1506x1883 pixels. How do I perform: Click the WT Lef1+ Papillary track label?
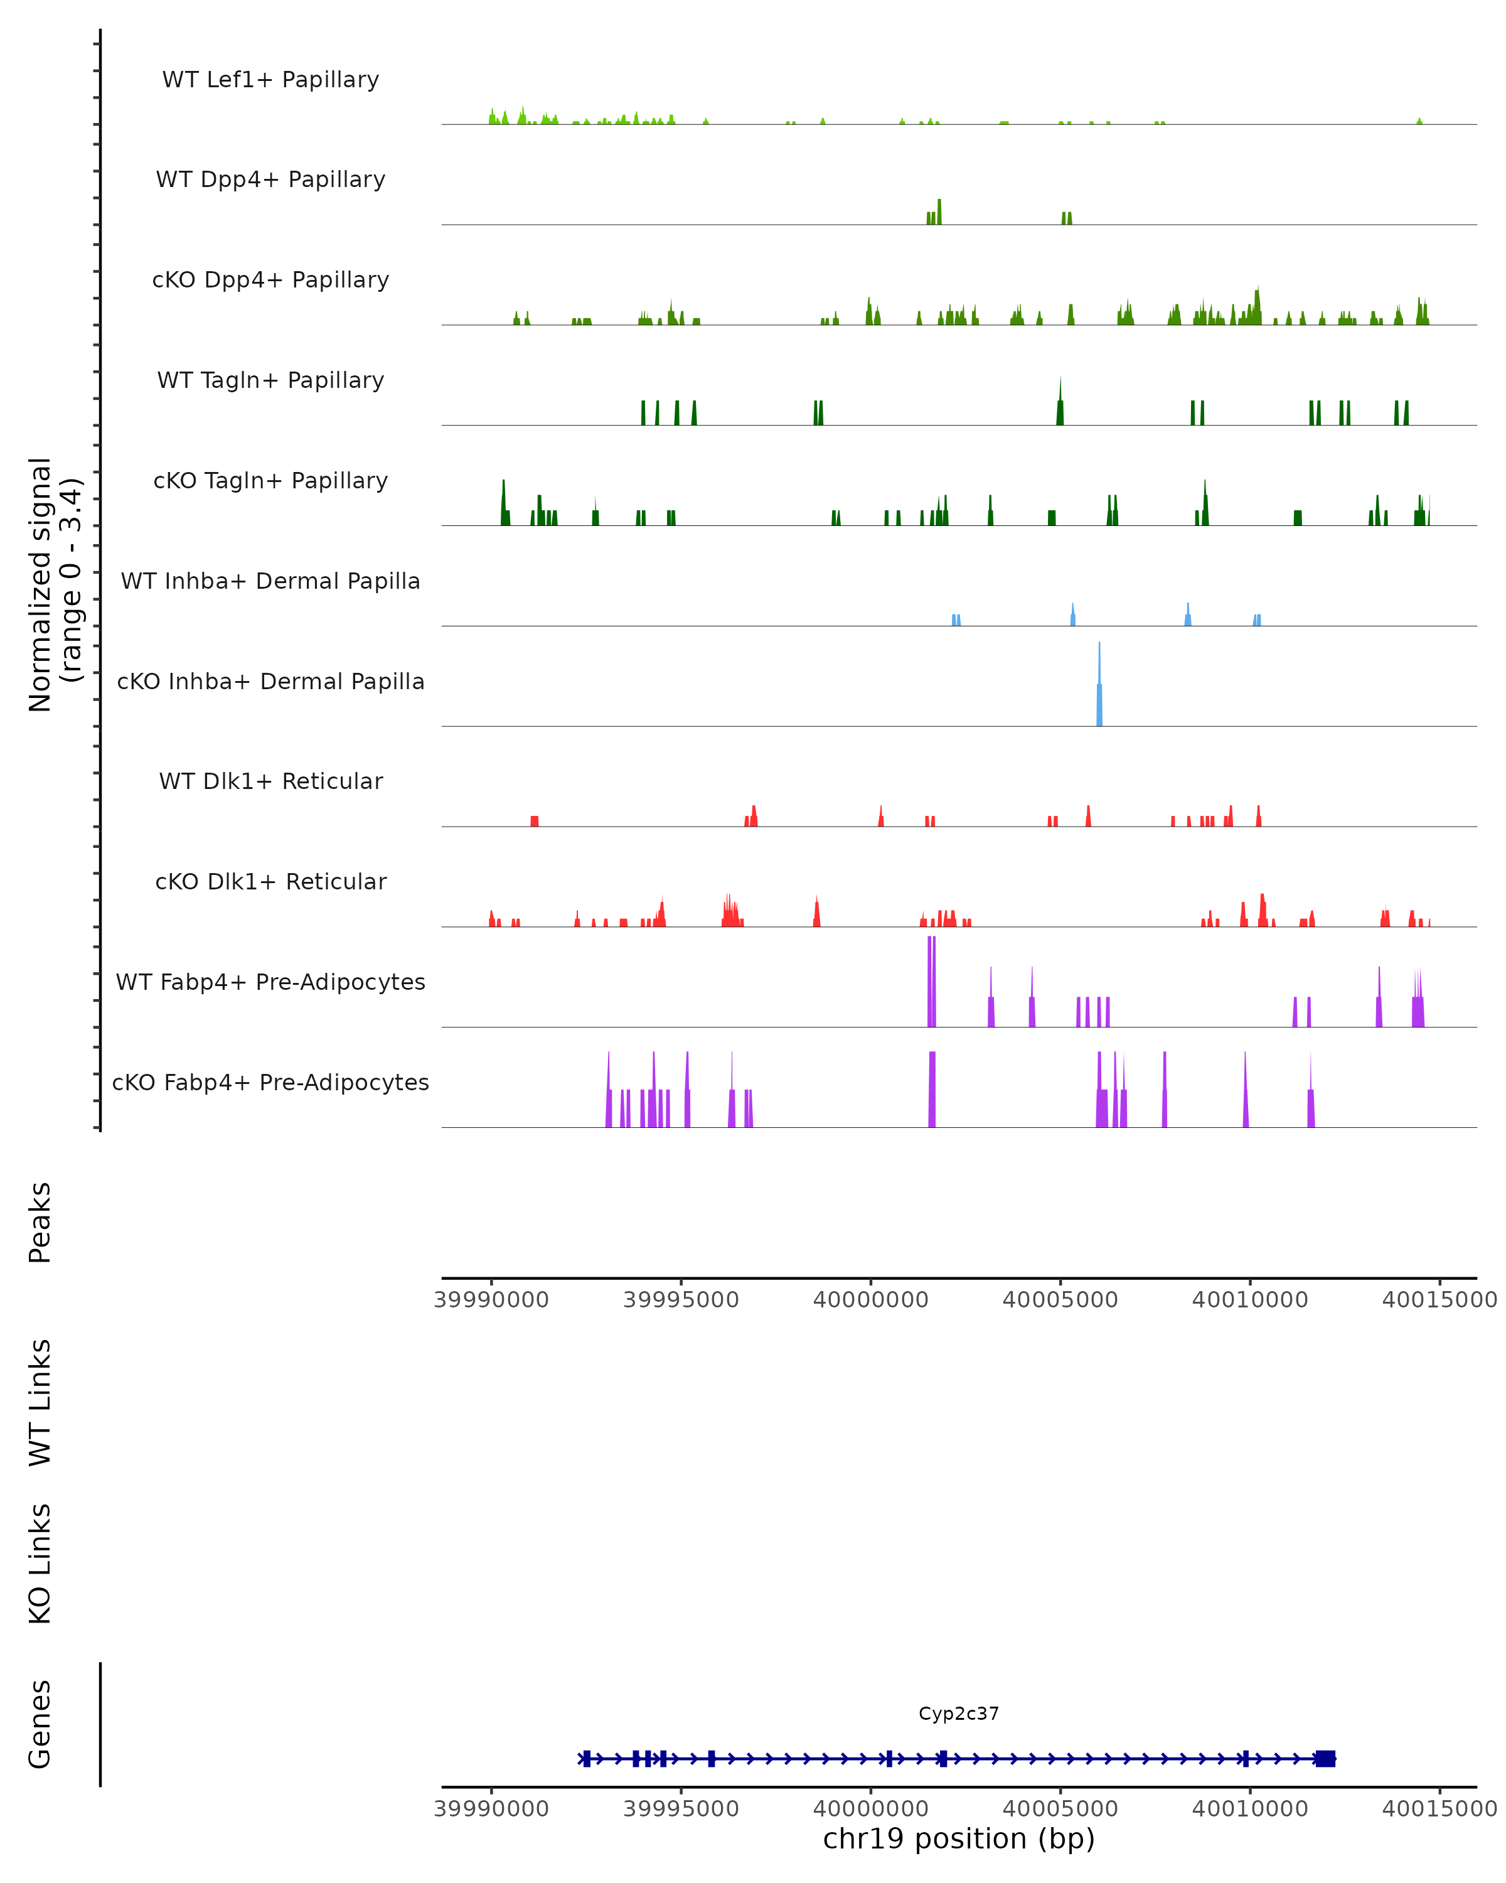(x=270, y=80)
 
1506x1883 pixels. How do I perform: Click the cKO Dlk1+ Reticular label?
(x=270, y=881)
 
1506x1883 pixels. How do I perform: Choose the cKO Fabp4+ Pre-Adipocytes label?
(x=270, y=1082)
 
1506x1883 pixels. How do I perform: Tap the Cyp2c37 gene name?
(x=958, y=1714)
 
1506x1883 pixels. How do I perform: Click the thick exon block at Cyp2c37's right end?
(x=1325, y=1759)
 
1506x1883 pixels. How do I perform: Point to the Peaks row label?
(x=40, y=1222)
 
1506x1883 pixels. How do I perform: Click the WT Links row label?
(x=40, y=1402)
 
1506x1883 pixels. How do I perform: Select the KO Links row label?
(x=40, y=1564)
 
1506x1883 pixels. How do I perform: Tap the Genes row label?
(x=40, y=1724)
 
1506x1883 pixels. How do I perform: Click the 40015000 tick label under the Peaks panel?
(x=1439, y=1300)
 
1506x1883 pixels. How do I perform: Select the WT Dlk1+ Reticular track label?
(x=270, y=781)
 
